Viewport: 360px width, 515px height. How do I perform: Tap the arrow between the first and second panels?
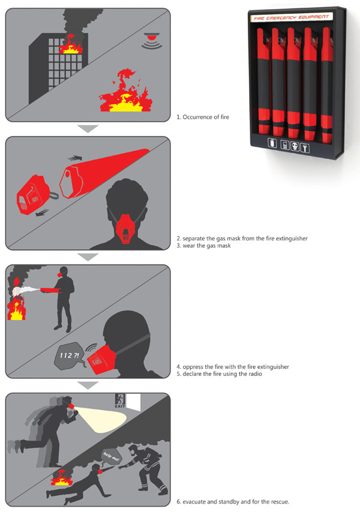[x=88, y=129]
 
